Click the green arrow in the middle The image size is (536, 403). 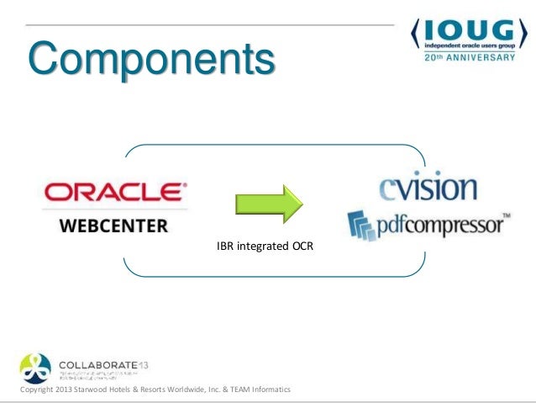(x=266, y=203)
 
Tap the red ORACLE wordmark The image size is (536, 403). (x=116, y=193)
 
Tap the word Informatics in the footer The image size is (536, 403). (x=267, y=390)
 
